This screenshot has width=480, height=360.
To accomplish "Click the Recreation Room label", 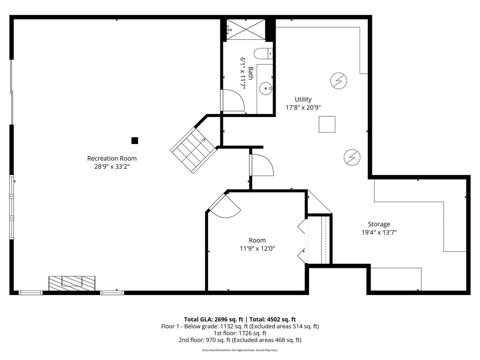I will click(112, 158).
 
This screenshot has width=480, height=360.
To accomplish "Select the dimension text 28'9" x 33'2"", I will click(112, 167).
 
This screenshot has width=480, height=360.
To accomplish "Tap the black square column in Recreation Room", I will click(135, 141).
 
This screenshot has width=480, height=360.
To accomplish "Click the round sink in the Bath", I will click(266, 89).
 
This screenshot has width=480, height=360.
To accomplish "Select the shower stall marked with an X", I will click(246, 30).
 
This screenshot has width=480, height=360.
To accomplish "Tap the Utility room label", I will click(303, 99).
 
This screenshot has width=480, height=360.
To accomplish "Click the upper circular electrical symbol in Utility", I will click(338, 81).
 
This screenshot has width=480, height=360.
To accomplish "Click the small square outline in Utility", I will click(327, 124).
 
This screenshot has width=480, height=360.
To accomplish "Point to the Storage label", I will click(379, 224).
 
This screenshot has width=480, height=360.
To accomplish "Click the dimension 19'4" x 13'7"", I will click(379, 232).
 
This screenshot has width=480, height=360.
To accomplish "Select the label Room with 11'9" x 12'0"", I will click(257, 240).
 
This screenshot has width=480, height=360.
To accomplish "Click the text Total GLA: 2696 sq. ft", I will click(213, 319).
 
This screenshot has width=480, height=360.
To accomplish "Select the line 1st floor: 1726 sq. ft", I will click(240, 333).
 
